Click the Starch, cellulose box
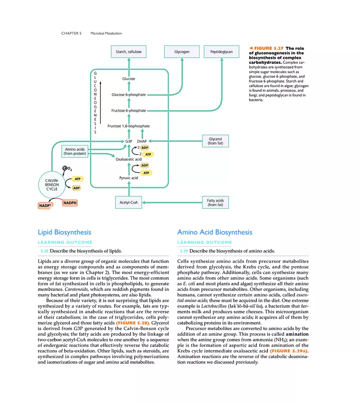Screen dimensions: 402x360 click(x=128, y=52)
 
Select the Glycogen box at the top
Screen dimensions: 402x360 click(x=182, y=52)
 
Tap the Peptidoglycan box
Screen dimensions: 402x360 click(x=221, y=52)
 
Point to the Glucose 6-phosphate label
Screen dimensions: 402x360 click(x=128, y=95)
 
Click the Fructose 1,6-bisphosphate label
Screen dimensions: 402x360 click(x=128, y=126)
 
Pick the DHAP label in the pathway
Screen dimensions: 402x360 click(x=142, y=141)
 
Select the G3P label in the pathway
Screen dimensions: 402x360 click(x=128, y=141)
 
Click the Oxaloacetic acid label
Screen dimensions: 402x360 click(x=128, y=159)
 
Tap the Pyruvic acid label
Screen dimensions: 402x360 click(x=128, y=178)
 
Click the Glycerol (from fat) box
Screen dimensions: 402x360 click(x=215, y=141)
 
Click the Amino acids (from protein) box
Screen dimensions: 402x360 click(x=75, y=151)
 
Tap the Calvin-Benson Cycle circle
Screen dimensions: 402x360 click(x=52, y=184)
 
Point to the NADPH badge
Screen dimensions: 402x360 click(x=70, y=203)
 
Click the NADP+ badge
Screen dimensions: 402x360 click(x=45, y=205)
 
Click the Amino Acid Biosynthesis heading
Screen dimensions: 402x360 click(x=214, y=232)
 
